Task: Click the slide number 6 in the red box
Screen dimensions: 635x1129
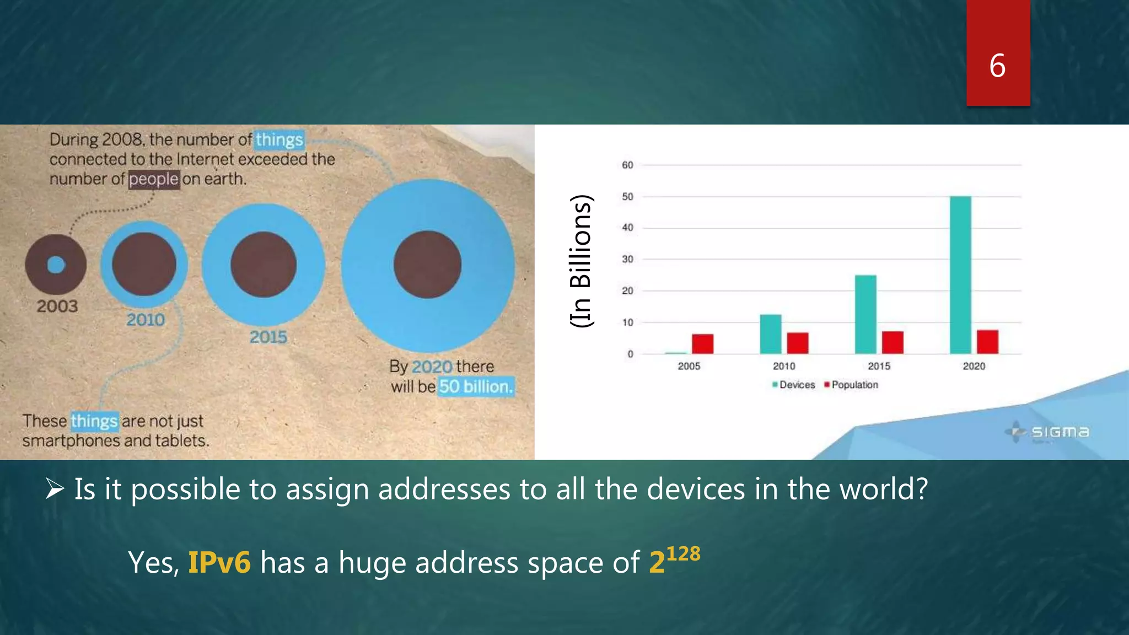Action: click(x=997, y=66)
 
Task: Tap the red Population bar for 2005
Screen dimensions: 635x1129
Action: click(x=702, y=343)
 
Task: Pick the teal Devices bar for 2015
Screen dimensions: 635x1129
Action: click(x=865, y=314)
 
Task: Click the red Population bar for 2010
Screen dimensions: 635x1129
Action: click(x=797, y=343)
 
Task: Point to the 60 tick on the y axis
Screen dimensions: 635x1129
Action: click(x=627, y=165)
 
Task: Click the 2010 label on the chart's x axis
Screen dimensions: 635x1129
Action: click(x=783, y=366)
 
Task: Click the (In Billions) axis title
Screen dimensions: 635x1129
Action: click(x=581, y=261)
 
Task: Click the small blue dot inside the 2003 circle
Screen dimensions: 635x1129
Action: click(x=56, y=265)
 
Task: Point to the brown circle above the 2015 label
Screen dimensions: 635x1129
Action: click(x=264, y=265)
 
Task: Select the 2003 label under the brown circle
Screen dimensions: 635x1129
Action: click(x=57, y=306)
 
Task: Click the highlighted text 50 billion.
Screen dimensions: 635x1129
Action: click(x=476, y=386)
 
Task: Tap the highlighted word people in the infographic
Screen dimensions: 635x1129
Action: click(x=154, y=179)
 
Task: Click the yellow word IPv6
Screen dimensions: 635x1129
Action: click(x=219, y=562)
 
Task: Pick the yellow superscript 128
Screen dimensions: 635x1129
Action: click(x=683, y=553)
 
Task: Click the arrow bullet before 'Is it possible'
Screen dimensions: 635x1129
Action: click(x=55, y=488)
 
